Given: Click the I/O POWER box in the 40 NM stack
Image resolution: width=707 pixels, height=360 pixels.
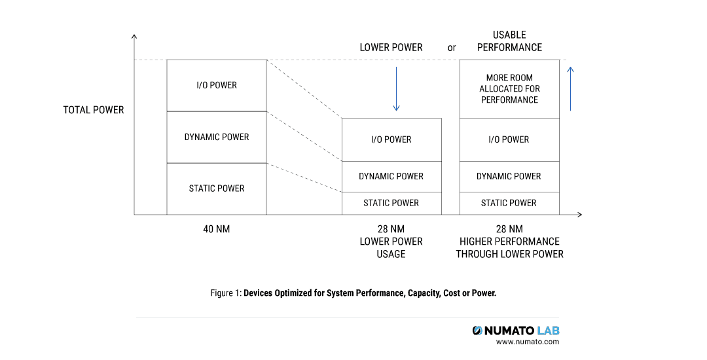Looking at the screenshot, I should point(217,86).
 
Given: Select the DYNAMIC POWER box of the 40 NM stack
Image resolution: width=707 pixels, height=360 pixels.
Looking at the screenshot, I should point(217,137).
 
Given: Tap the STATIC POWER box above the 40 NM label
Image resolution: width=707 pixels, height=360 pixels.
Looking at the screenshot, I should point(217,189).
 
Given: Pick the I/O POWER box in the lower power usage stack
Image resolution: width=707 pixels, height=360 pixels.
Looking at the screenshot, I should point(391,139).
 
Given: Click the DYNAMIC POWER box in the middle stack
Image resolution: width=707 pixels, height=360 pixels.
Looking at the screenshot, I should point(391,177).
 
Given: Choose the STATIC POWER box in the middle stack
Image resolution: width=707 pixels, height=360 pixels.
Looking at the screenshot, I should point(391,204).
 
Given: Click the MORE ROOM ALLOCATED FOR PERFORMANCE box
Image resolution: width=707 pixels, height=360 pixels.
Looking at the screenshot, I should point(509,89).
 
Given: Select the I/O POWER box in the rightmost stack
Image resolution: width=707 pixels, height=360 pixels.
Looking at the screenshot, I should point(509,139).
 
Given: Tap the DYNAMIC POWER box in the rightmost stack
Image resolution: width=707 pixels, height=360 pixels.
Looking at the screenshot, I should point(509,177).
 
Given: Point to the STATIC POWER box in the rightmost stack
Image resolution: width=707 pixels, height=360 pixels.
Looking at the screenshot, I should point(509,204).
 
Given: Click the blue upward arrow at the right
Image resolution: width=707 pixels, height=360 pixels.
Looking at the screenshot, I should point(571,88).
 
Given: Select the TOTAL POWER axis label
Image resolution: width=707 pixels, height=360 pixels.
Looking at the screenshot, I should point(94,110).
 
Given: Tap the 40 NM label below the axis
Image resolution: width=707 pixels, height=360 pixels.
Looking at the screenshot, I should point(217,229).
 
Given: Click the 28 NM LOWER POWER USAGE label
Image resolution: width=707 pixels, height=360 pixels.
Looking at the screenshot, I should point(391,242).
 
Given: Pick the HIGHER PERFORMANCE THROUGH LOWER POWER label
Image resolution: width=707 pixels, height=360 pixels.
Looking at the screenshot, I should point(509,242).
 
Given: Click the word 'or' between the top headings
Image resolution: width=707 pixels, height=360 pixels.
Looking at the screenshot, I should point(452,48).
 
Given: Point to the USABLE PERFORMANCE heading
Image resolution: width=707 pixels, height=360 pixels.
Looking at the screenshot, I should point(509,41).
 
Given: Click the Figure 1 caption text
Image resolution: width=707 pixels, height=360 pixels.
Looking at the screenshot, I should point(353,293).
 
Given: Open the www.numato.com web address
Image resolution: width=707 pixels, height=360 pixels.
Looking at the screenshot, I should point(528,342).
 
